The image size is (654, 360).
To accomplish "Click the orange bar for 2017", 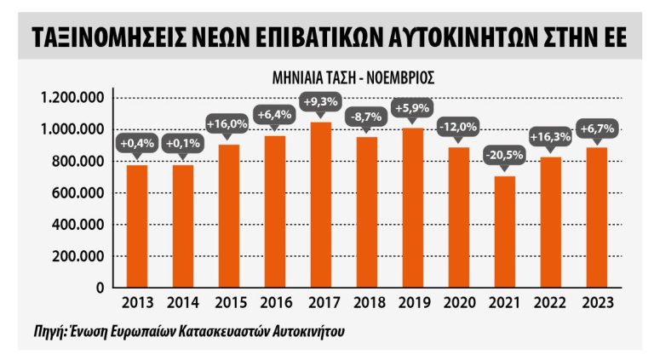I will (x=321, y=205).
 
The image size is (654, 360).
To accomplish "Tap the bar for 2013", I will (x=137, y=226).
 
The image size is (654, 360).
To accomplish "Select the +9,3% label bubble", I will (x=321, y=101).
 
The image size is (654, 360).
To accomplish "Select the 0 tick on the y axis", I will (x=100, y=289).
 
